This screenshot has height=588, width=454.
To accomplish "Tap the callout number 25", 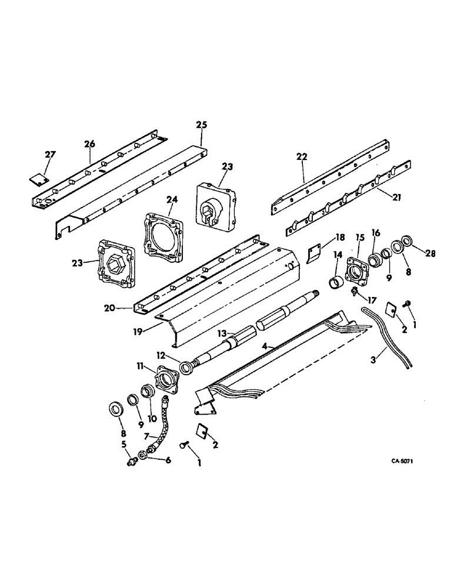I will (x=202, y=125).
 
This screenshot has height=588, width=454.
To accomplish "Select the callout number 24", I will (x=171, y=200).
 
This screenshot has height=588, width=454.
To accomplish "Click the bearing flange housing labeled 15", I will (x=358, y=272).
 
